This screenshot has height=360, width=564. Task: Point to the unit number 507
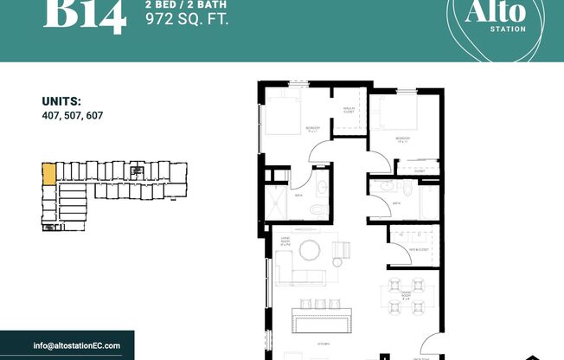click(73, 114)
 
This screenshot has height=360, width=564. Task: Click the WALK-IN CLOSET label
click(348, 109)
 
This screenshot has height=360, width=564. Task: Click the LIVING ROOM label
click(285, 242)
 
